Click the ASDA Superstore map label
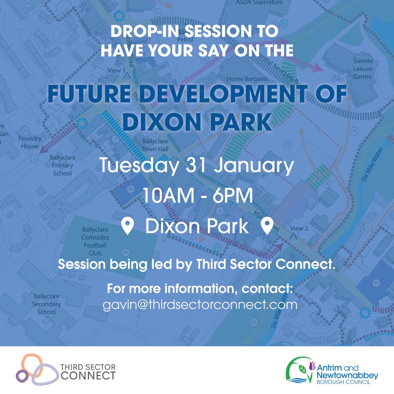click(259, 3)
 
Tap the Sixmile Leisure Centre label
click(363, 69)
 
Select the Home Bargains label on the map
click(247, 79)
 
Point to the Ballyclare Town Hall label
click(155, 145)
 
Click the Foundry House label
click(30, 142)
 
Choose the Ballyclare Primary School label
click(62, 165)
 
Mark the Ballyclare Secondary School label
click(46, 304)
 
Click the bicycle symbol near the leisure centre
click(337, 78)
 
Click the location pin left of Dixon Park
click(127, 227)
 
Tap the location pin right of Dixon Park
click(267, 227)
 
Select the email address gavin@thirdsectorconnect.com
click(200, 305)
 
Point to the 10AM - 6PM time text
click(197, 196)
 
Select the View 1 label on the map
click(117, 71)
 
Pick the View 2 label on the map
click(299, 228)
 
